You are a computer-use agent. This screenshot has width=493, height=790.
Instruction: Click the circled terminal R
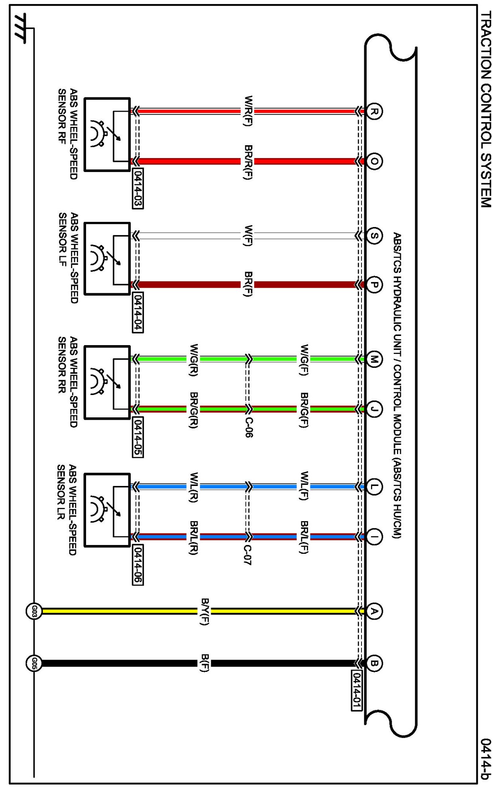click(x=374, y=111)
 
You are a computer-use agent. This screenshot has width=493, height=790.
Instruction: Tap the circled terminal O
click(x=374, y=162)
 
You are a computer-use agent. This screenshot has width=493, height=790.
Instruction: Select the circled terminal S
click(x=374, y=236)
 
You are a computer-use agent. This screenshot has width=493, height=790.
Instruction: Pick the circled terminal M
click(x=374, y=359)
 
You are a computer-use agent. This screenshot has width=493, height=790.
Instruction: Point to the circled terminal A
click(x=374, y=611)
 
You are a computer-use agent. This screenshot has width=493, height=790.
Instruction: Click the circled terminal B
click(x=374, y=663)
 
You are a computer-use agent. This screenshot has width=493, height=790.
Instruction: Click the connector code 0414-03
click(x=137, y=189)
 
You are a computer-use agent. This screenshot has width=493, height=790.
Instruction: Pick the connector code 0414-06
click(x=137, y=565)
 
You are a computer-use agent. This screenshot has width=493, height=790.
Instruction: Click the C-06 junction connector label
click(x=248, y=427)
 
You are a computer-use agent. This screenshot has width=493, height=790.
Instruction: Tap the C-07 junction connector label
click(x=247, y=555)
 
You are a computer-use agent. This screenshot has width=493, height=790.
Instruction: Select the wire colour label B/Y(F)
click(x=205, y=611)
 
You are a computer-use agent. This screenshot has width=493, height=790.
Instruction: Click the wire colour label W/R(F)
click(x=248, y=111)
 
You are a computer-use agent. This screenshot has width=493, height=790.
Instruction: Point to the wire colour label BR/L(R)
click(x=194, y=537)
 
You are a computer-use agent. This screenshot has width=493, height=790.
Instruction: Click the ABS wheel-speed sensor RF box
click(x=107, y=135)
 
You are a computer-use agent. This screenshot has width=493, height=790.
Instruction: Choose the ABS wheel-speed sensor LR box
click(x=107, y=510)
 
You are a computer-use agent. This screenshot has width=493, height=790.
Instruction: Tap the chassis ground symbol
click(x=20, y=29)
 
